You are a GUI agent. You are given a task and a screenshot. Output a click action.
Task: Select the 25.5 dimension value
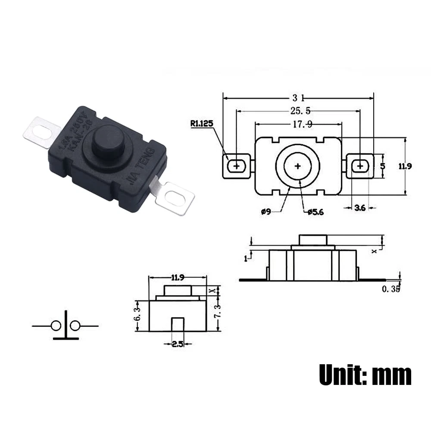(298, 111)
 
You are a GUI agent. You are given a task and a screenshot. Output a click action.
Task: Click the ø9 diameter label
(266, 211)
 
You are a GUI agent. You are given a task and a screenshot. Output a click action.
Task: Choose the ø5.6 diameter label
(315, 211)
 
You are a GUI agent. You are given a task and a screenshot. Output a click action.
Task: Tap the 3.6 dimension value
(359, 208)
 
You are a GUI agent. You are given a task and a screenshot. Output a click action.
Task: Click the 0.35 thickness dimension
(391, 289)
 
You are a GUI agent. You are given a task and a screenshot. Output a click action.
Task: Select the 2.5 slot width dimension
(177, 344)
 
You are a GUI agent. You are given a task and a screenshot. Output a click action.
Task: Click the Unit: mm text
(365, 375)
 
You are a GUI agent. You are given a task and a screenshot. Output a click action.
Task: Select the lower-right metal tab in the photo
(174, 197)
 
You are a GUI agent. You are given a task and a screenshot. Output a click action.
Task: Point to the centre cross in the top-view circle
(297, 166)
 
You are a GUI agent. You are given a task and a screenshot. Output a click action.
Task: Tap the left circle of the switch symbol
(56, 326)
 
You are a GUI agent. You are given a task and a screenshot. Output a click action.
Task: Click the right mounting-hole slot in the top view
(360, 166)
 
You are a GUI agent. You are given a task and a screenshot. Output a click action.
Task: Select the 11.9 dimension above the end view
(178, 277)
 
